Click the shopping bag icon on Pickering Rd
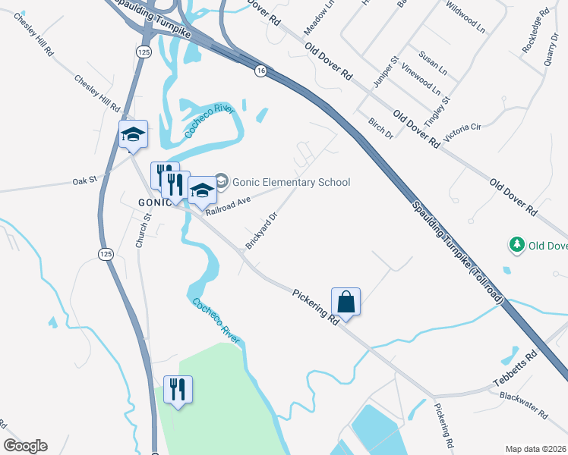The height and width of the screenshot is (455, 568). [x=346, y=302]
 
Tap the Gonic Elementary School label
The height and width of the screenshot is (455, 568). [x=291, y=182]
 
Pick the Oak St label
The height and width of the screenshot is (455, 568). [x=86, y=181]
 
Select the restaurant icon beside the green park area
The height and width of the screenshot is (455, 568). [x=178, y=390]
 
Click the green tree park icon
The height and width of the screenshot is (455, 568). [x=517, y=245]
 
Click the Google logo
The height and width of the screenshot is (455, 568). [x=25, y=446]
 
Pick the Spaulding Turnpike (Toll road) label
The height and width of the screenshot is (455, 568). [x=459, y=251]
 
